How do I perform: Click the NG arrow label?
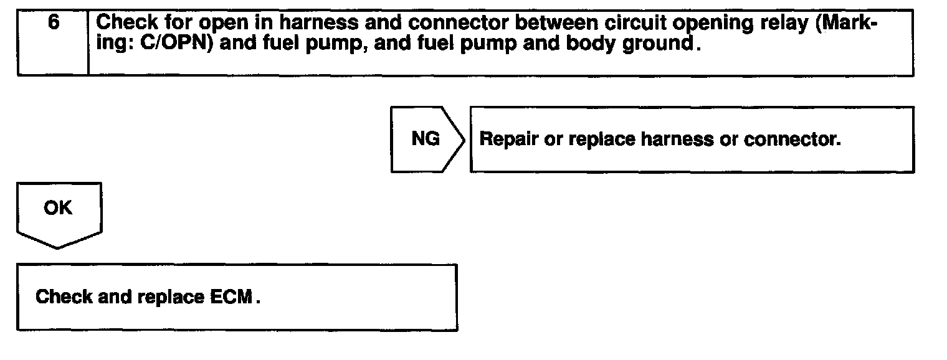click(426, 139)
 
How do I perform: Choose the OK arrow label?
click(58, 209)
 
